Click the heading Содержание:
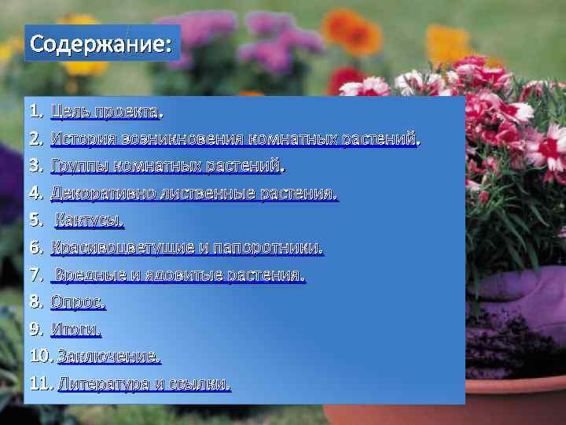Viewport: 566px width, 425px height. pyautogui.click(x=100, y=43)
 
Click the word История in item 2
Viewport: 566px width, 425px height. pyautogui.click(x=77, y=139)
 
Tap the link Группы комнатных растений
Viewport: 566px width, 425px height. pyautogui.click(x=167, y=166)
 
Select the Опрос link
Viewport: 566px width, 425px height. pyautogui.click(x=77, y=301)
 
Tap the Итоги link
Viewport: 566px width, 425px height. pyautogui.click(x=75, y=329)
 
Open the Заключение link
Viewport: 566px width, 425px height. pyautogui.click(x=108, y=356)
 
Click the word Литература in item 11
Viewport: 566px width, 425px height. pyautogui.click(x=103, y=384)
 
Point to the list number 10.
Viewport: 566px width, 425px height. pyautogui.click(x=39, y=356)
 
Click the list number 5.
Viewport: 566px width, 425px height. pyautogui.click(x=35, y=220)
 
